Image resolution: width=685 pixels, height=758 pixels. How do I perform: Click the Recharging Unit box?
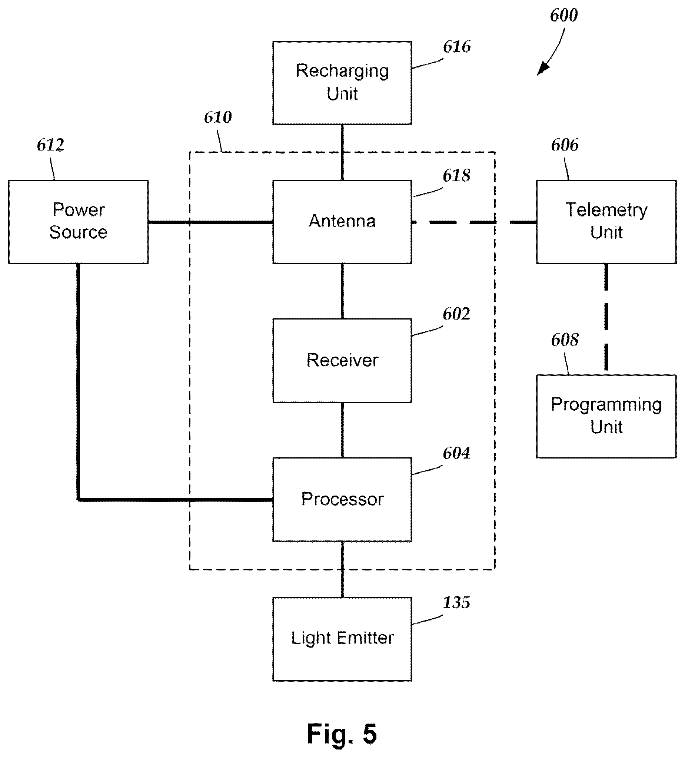(x=342, y=83)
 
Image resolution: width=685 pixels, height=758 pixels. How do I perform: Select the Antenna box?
(x=342, y=222)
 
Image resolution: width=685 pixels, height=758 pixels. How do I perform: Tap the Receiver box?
(x=342, y=361)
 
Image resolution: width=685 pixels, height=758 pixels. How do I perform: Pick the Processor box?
(x=342, y=499)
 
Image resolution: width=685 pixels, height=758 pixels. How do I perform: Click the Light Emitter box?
(x=342, y=639)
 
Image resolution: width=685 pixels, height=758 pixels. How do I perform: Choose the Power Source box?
(x=78, y=222)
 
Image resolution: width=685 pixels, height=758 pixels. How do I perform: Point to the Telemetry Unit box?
(x=606, y=222)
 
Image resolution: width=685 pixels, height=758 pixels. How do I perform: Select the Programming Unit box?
(x=606, y=416)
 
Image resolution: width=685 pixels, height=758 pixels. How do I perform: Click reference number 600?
(x=563, y=16)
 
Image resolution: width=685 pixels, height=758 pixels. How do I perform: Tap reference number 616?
(x=456, y=47)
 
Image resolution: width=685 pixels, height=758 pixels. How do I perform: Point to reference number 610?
(x=218, y=117)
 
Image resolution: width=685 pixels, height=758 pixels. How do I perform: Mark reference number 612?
(x=50, y=145)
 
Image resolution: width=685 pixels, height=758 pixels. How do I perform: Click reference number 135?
(x=456, y=603)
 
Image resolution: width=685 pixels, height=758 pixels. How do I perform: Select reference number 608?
(x=564, y=340)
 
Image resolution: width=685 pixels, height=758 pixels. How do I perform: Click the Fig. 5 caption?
(x=342, y=734)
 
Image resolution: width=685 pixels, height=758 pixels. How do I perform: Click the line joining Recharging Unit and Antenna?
(x=342, y=152)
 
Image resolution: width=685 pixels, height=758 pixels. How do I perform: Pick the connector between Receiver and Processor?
(x=342, y=430)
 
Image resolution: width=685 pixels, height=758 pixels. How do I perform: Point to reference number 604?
(x=456, y=453)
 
